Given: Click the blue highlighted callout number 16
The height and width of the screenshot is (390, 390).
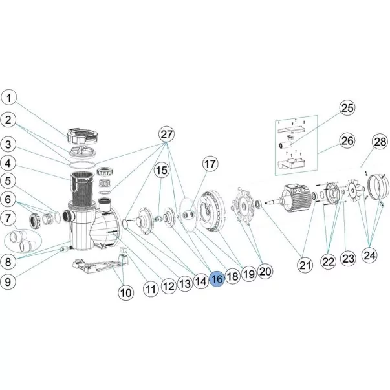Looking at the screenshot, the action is point(217,279).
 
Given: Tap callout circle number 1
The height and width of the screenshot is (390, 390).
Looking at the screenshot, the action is point(8,98).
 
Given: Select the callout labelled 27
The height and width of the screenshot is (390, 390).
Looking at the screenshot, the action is point(166,135).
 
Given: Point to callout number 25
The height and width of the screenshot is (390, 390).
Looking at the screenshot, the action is point(347,108).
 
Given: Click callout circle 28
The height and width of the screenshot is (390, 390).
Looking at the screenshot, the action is point(380,142).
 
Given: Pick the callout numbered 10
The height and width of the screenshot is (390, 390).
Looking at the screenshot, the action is point(126,292).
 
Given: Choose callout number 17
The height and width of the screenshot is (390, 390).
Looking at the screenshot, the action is point(210,164).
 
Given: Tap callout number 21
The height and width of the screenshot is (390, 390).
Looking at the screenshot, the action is point(305,265).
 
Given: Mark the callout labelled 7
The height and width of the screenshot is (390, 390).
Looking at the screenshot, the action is point(8,218).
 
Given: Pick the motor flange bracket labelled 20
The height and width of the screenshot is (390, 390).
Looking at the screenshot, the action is point(242,206).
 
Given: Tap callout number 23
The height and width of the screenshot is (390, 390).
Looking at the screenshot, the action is point(349,259).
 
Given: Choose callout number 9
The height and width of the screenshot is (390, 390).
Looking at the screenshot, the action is point(8,282).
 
